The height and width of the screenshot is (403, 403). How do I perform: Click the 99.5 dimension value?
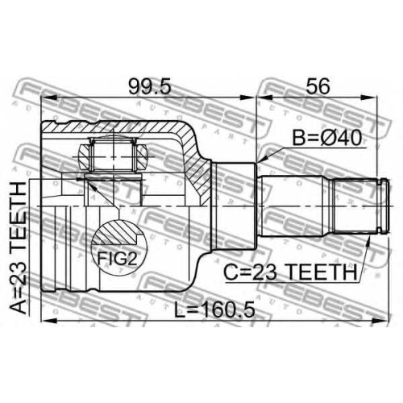coord(150,86)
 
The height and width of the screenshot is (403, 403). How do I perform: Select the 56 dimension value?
coord(318,86)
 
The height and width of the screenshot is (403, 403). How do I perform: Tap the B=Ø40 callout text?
coord(327,138)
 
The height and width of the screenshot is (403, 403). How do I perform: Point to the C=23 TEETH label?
coord(290,272)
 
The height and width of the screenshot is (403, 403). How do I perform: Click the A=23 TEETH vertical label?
coord(18,247)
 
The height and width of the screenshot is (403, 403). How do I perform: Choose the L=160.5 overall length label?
coord(214,310)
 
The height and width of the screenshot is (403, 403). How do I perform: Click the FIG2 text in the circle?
coord(117,259)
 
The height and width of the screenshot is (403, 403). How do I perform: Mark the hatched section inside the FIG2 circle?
coord(116,233)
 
